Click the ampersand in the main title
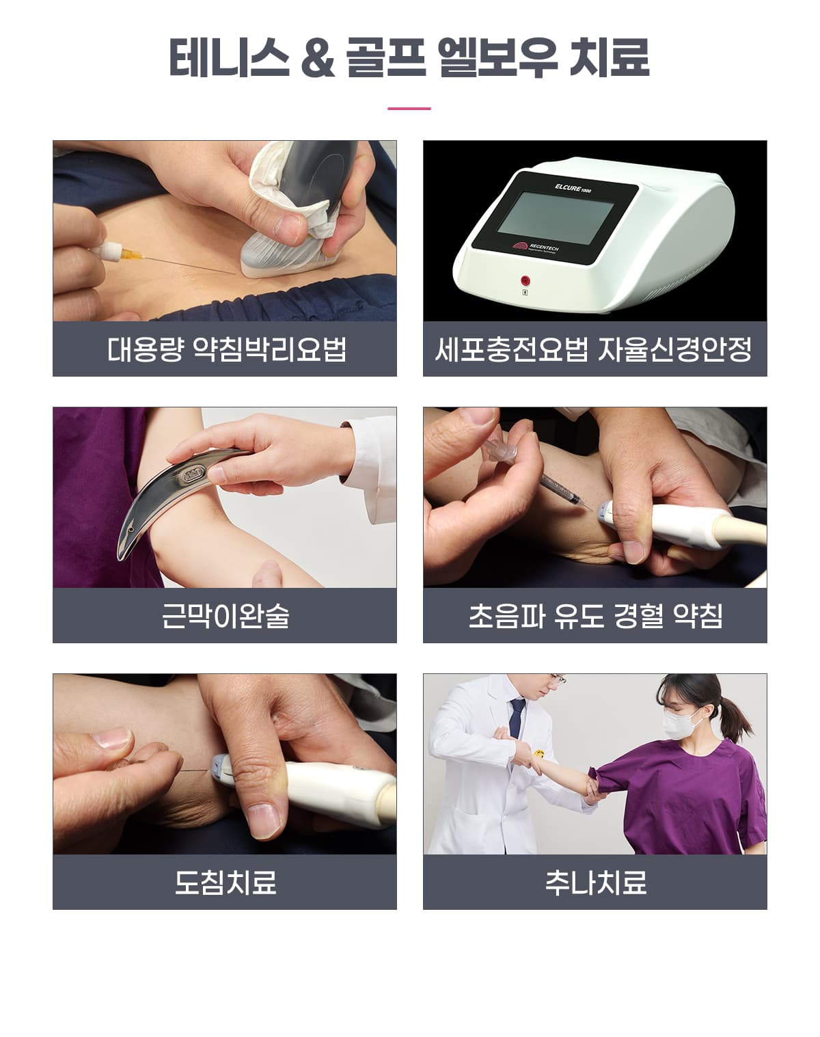click(x=318, y=58)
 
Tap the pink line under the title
click(x=409, y=109)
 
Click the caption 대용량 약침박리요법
click(x=226, y=349)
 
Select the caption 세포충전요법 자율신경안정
click(x=594, y=349)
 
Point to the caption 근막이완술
click(x=225, y=615)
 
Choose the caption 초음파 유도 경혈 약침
click(x=595, y=615)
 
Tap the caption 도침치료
click(x=225, y=882)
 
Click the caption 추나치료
click(x=595, y=882)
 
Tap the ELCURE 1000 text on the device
click(x=573, y=188)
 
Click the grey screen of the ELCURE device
click(x=556, y=217)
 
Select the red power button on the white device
click(x=525, y=280)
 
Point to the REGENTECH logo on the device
click(x=535, y=247)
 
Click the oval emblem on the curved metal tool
click(x=195, y=476)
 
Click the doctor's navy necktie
click(x=517, y=718)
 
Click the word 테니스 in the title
click(x=230, y=58)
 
